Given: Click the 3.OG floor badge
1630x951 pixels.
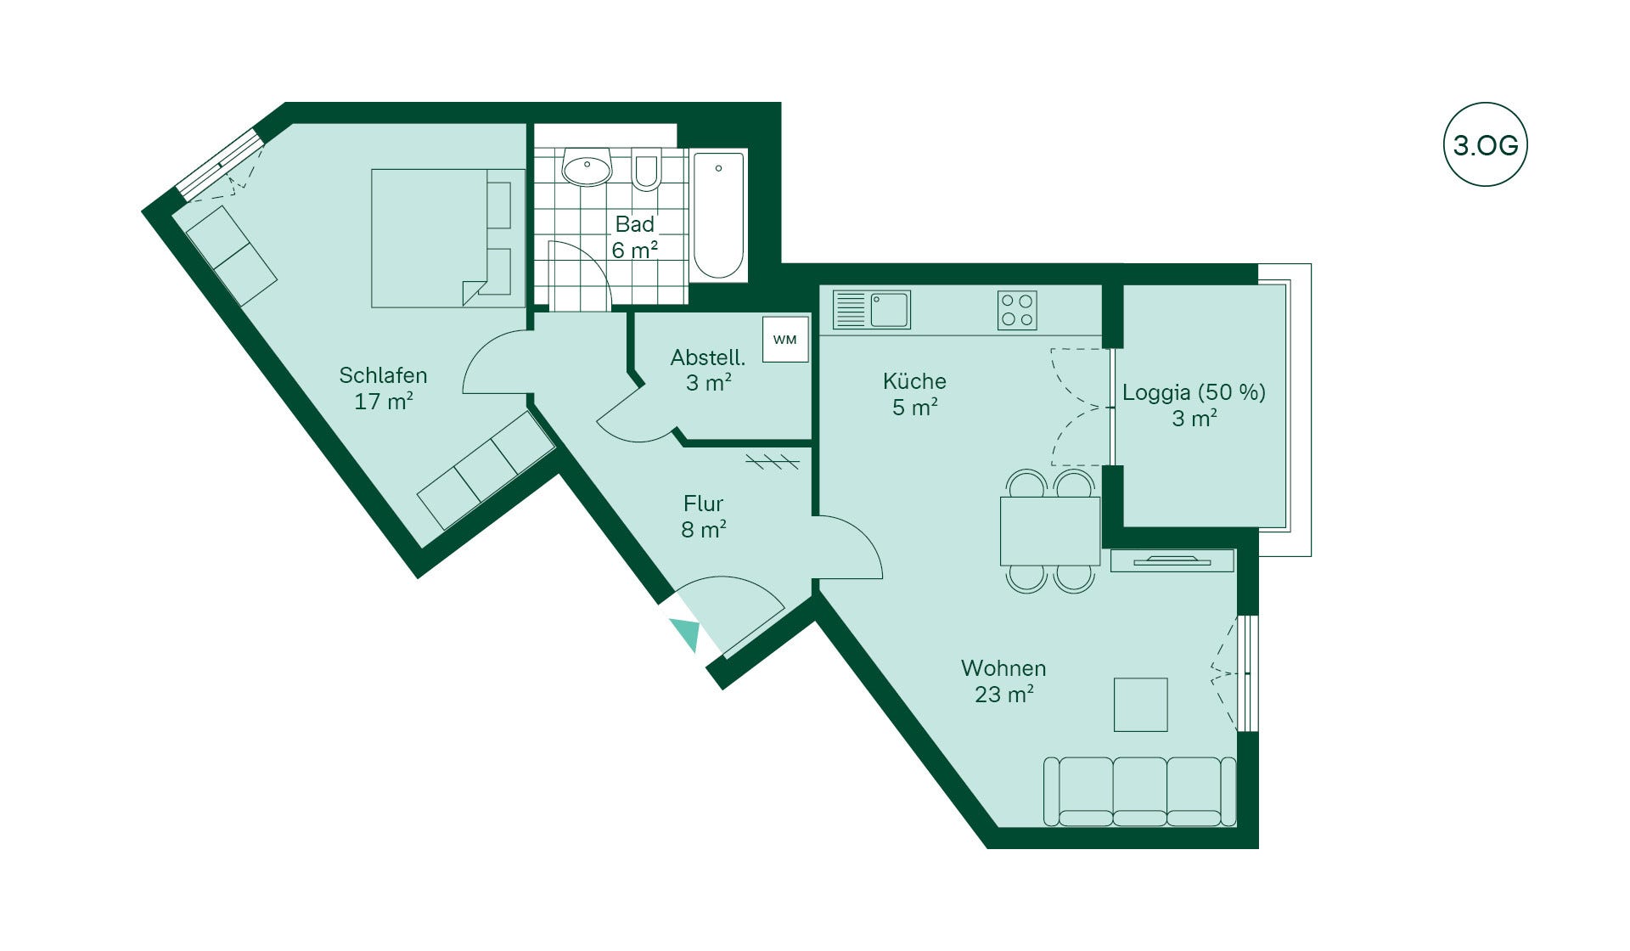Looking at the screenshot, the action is [1485, 145].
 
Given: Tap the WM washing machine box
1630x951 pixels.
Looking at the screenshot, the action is [785, 340].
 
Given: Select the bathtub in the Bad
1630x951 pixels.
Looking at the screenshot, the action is [719, 216].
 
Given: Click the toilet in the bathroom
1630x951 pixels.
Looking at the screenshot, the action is [646, 169].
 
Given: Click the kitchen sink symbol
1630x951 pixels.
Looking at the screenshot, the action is [872, 309].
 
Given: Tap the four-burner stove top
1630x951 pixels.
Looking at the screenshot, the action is [1017, 310].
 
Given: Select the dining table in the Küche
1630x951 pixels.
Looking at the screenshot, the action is [1050, 532].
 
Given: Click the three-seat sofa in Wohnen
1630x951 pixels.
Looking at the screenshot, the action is [1139, 791].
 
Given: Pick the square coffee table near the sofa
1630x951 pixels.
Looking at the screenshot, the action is [1141, 704].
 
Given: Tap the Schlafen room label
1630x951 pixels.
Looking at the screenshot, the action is [383, 375].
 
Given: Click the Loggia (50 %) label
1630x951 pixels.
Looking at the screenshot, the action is [1194, 392].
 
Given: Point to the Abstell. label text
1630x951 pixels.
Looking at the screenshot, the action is [708, 357].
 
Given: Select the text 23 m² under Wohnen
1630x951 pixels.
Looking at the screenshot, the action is [1004, 695].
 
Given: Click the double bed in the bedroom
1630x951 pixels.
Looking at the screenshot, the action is [448, 238].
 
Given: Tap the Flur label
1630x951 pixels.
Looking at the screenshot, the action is [704, 504].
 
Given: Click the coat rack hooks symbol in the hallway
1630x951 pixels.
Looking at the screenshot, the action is [773, 462].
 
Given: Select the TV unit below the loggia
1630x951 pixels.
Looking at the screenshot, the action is [1172, 560].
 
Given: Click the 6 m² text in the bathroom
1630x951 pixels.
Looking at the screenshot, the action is [635, 250].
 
